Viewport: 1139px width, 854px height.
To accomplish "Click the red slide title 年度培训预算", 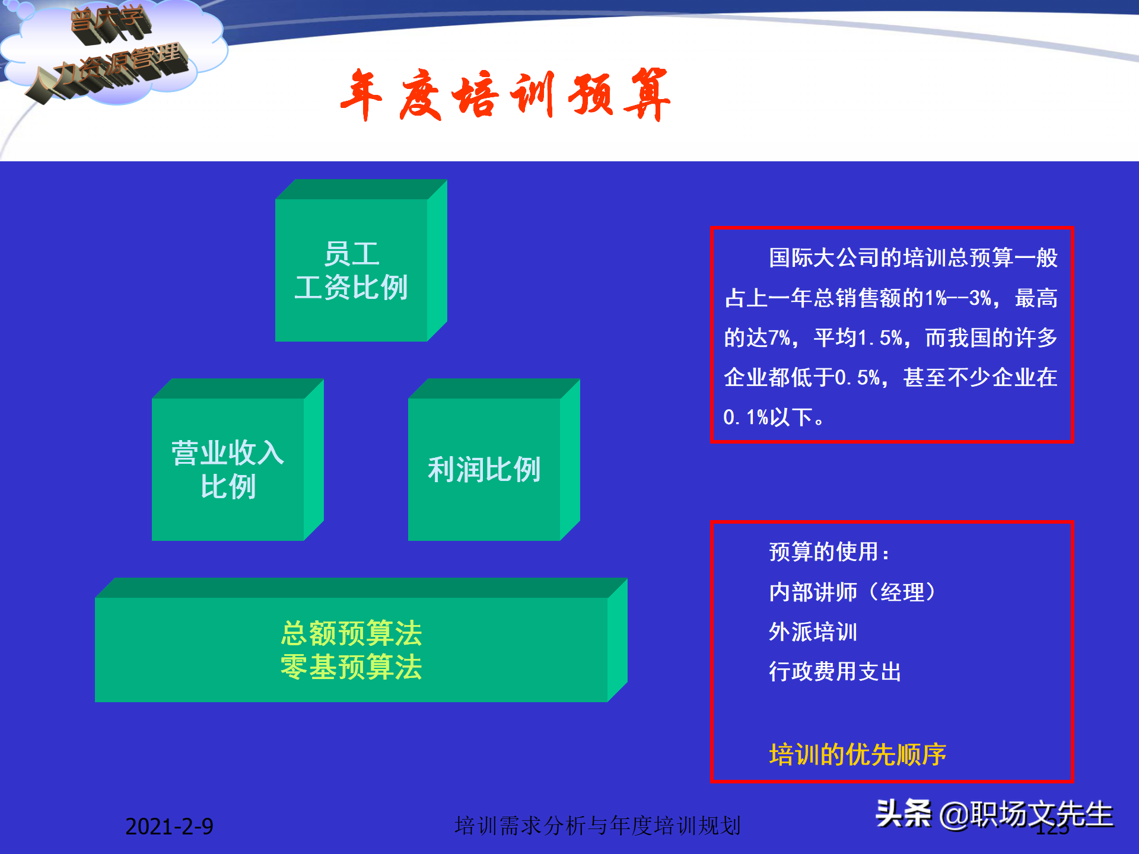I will pyautogui.click(x=505, y=95).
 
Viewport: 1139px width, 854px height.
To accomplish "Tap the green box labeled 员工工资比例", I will pyautogui.click(x=351, y=270).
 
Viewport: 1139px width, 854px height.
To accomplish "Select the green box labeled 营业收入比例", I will pyautogui.click(x=228, y=469).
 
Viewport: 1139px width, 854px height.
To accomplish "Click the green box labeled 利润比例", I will pyautogui.click(x=484, y=469).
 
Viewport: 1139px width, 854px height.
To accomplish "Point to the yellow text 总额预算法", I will pyautogui.click(x=351, y=633).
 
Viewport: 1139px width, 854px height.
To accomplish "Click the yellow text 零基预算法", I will pyautogui.click(x=351, y=667).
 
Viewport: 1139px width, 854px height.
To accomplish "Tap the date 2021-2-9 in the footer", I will pyautogui.click(x=169, y=826).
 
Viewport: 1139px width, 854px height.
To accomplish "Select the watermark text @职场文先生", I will pyautogui.click(x=1026, y=814).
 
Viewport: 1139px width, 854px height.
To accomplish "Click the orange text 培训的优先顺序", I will pyautogui.click(x=857, y=754).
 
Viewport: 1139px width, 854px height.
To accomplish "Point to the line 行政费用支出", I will pyautogui.click(x=835, y=671).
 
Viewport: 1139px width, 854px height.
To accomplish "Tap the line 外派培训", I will pyautogui.click(x=813, y=632).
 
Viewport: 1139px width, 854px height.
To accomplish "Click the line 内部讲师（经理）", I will pyautogui.click(x=852, y=592).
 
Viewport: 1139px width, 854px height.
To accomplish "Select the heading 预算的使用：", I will pyautogui.click(x=829, y=552).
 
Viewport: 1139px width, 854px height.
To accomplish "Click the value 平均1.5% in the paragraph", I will pyautogui.click(x=858, y=337).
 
